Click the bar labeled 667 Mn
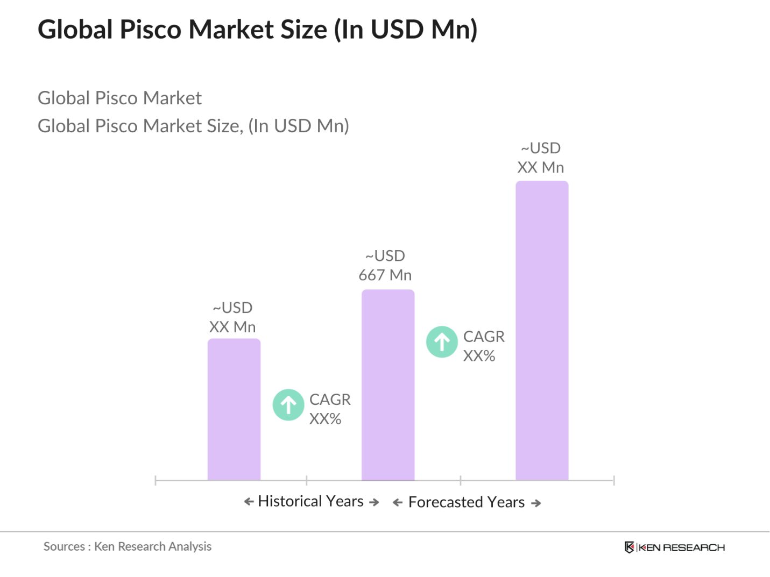tap(387, 384)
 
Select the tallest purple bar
tap(541, 330)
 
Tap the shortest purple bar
tap(234, 409)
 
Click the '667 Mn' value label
tap(385, 275)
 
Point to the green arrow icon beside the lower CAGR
tap(288, 405)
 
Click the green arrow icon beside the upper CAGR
tap(442, 342)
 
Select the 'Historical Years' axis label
tap(310, 501)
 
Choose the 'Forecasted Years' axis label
tap(466, 502)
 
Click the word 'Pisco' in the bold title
tap(151, 29)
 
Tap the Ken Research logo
tap(674, 547)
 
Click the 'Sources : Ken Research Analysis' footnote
tap(128, 546)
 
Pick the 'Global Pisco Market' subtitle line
tap(119, 98)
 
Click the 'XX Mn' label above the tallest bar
tap(540, 167)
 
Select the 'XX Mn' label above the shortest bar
tap(232, 327)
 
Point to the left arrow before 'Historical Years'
tap(249, 502)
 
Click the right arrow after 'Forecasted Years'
tap(536, 503)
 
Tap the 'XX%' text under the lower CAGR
tap(325, 419)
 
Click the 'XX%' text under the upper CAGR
tap(479, 356)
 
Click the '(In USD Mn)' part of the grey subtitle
tap(299, 126)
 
